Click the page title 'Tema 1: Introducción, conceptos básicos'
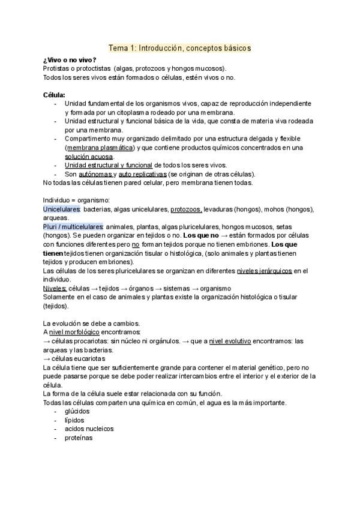pyautogui.click(x=179, y=47)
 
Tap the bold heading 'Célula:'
pyautogui.click(x=54, y=95)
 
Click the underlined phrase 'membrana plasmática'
pyautogui.click(x=100, y=147)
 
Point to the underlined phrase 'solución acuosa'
pyautogui.click(x=89, y=156)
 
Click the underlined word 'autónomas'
pyautogui.click(x=95, y=173)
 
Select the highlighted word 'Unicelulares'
pyautogui.click(x=61, y=209)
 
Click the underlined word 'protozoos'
pyautogui.click(x=186, y=209)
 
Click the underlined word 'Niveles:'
pyautogui.click(x=55, y=288)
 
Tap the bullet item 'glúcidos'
pyautogui.click(x=77, y=411)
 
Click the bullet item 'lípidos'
pyautogui.click(x=74, y=420)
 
